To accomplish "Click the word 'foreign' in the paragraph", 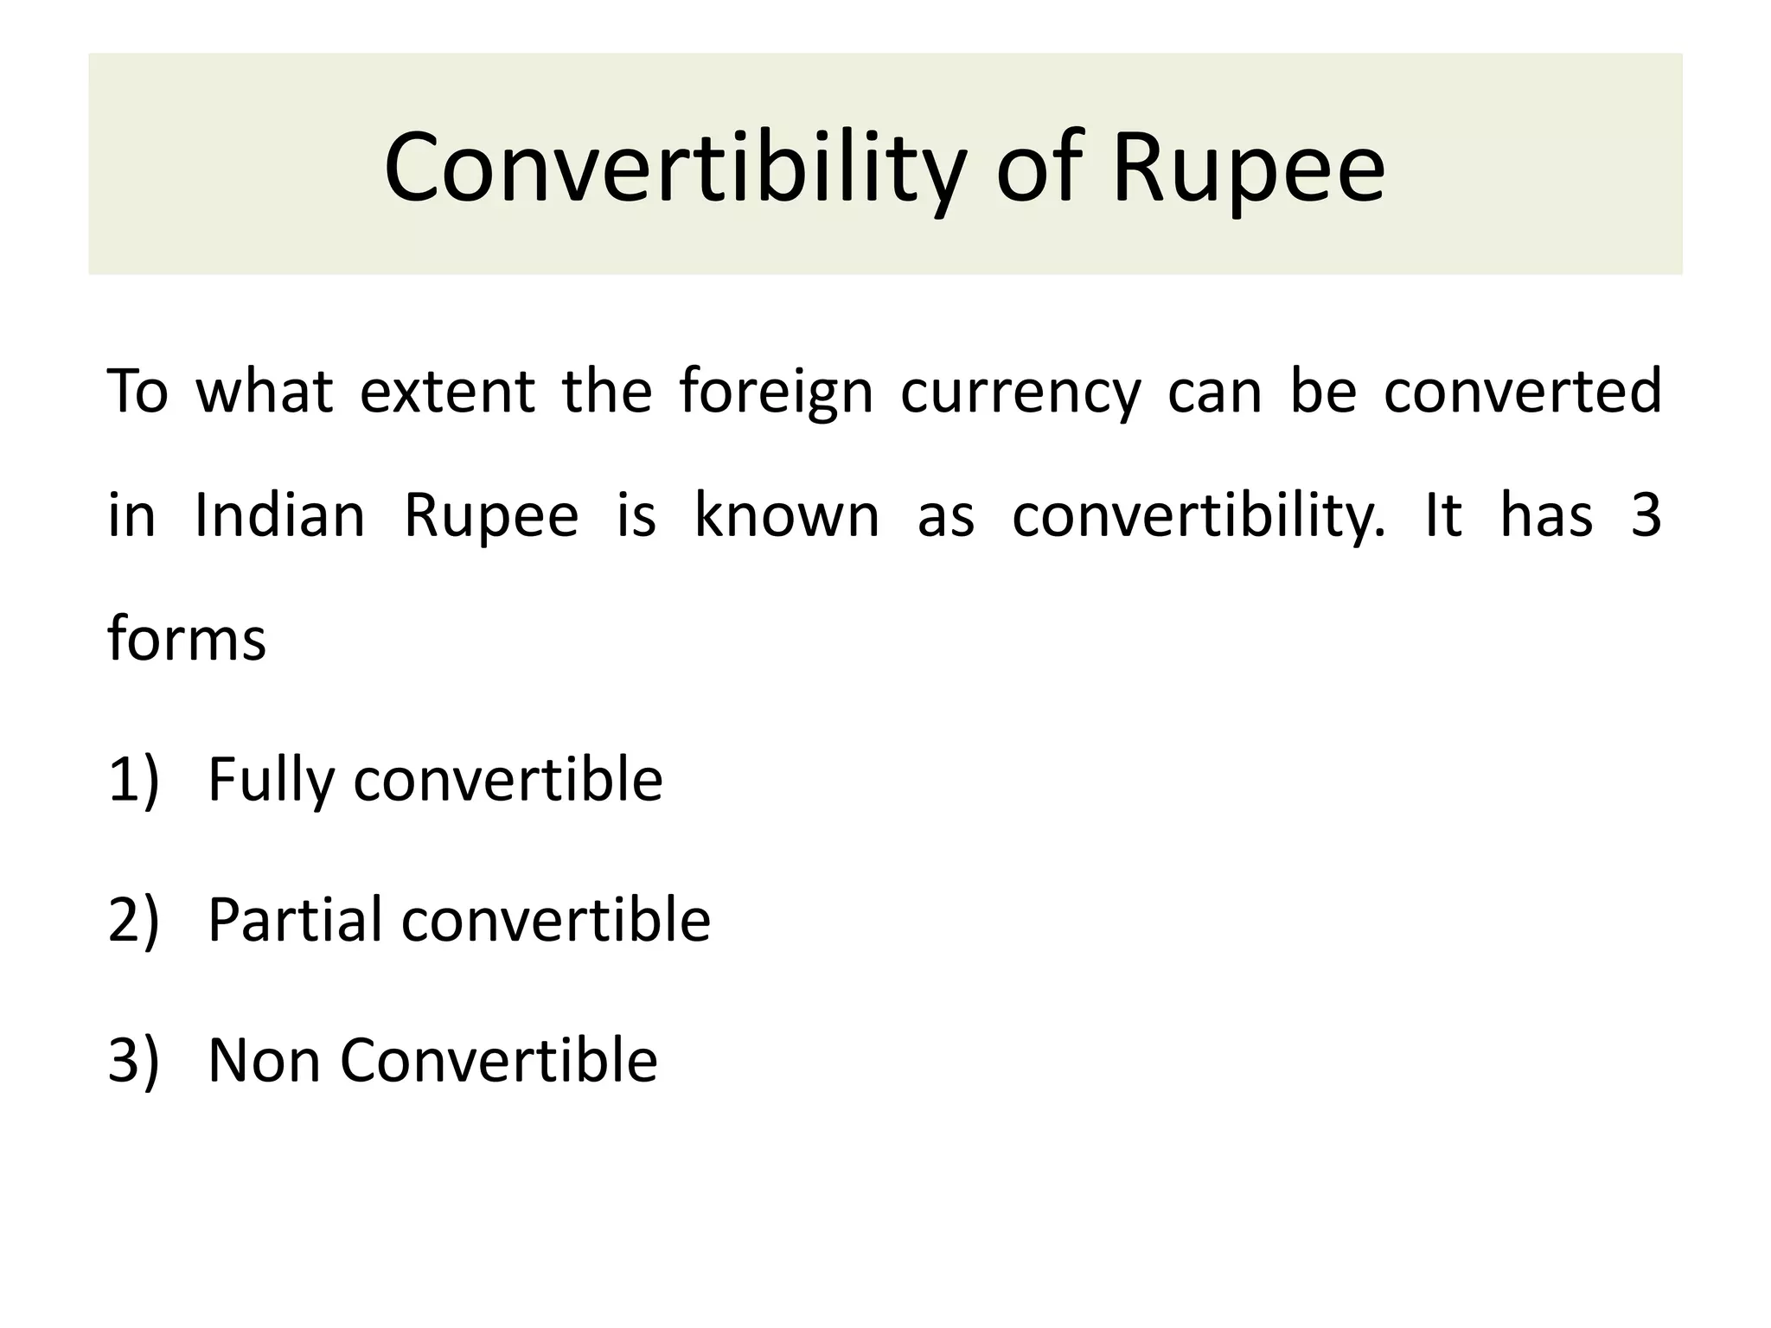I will [x=776, y=392].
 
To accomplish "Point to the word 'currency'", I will [x=1020, y=392].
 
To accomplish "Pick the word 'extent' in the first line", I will [x=447, y=392].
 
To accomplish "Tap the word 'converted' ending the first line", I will [x=1522, y=392].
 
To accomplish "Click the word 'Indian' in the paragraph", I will [x=279, y=516].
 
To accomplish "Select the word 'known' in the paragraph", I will [x=786, y=516].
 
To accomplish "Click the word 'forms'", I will [x=186, y=640].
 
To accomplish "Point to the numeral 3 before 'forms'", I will [x=1646, y=516].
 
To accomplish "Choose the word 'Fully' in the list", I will [x=271, y=780].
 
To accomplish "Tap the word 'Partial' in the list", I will [x=294, y=920].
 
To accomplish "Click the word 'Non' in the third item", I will [x=263, y=1061].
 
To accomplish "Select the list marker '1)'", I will [x=133, y=780].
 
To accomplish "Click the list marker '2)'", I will [x=133, y=920].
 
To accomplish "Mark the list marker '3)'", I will [x=133, y=1061].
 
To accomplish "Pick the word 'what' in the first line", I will [x=265, y=392].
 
